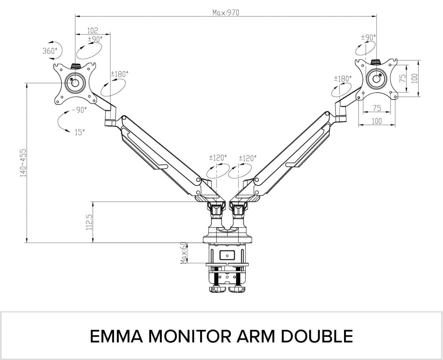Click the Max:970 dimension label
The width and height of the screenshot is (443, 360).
click(226, 13)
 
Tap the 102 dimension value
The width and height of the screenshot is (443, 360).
click(93, 31)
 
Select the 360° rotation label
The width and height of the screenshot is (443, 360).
click(50, 51)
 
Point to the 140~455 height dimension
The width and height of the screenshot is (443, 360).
click(24, 163)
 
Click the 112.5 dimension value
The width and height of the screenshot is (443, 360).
click(89, 222)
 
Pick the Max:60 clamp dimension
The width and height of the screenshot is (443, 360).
click(183, 253)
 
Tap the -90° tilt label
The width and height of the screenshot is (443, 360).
click(79, 110)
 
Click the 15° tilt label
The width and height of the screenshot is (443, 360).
click(80, 132)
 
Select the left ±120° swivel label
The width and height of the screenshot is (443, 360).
click(218, 157)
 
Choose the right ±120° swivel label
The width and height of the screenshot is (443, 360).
click(247, 158)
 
